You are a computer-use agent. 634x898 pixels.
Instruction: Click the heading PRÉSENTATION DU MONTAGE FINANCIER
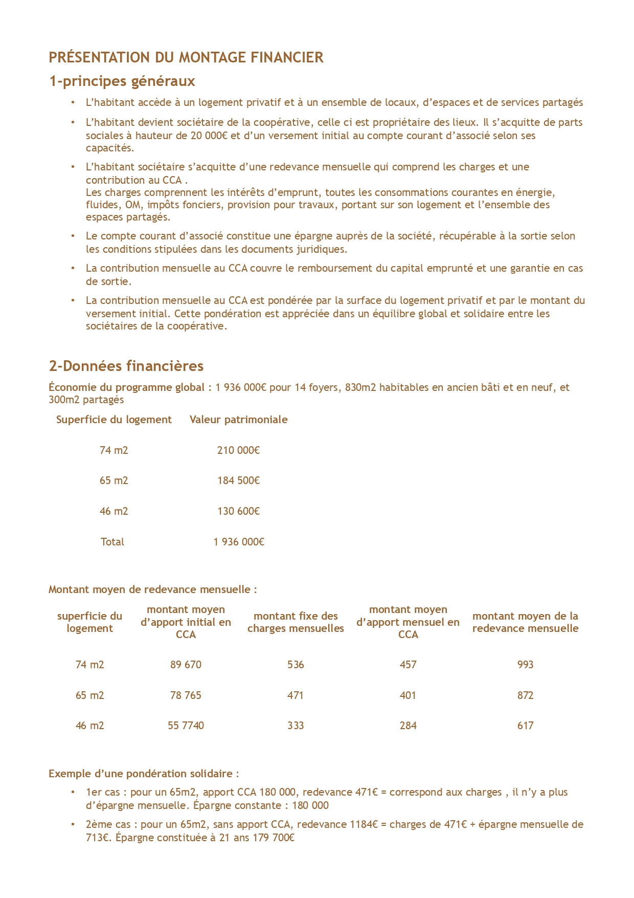pos(186,57)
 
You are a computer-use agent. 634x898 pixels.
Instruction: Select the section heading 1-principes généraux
pos(122,81)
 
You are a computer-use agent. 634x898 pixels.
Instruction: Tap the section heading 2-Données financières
pos(126,366)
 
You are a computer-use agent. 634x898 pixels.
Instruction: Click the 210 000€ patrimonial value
pos(238,450)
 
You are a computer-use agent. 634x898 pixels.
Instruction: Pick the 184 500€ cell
pos(238,480)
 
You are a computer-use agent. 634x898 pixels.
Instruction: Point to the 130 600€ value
pos(238,511)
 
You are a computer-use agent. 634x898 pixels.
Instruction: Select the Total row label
pos(112,542)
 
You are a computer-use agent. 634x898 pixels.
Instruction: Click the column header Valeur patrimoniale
pos(238,420)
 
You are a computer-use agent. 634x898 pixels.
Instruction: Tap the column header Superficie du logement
pos(114,420)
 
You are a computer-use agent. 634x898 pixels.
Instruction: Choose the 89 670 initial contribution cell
pos(186,665)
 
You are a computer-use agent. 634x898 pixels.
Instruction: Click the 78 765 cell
pos(186,695)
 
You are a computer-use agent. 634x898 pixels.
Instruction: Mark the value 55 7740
pos(186,726)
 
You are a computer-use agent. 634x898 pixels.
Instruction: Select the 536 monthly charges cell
pos(296,665)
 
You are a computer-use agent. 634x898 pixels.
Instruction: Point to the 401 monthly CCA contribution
pos(408,695)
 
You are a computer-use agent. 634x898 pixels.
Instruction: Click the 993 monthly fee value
pos(525,665)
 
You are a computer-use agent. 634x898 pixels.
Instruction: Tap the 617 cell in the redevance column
pos(525,726)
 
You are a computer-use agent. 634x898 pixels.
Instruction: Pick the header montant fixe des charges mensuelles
pos(296,622)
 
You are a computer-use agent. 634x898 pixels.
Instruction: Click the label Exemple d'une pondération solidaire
pos(144,774)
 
